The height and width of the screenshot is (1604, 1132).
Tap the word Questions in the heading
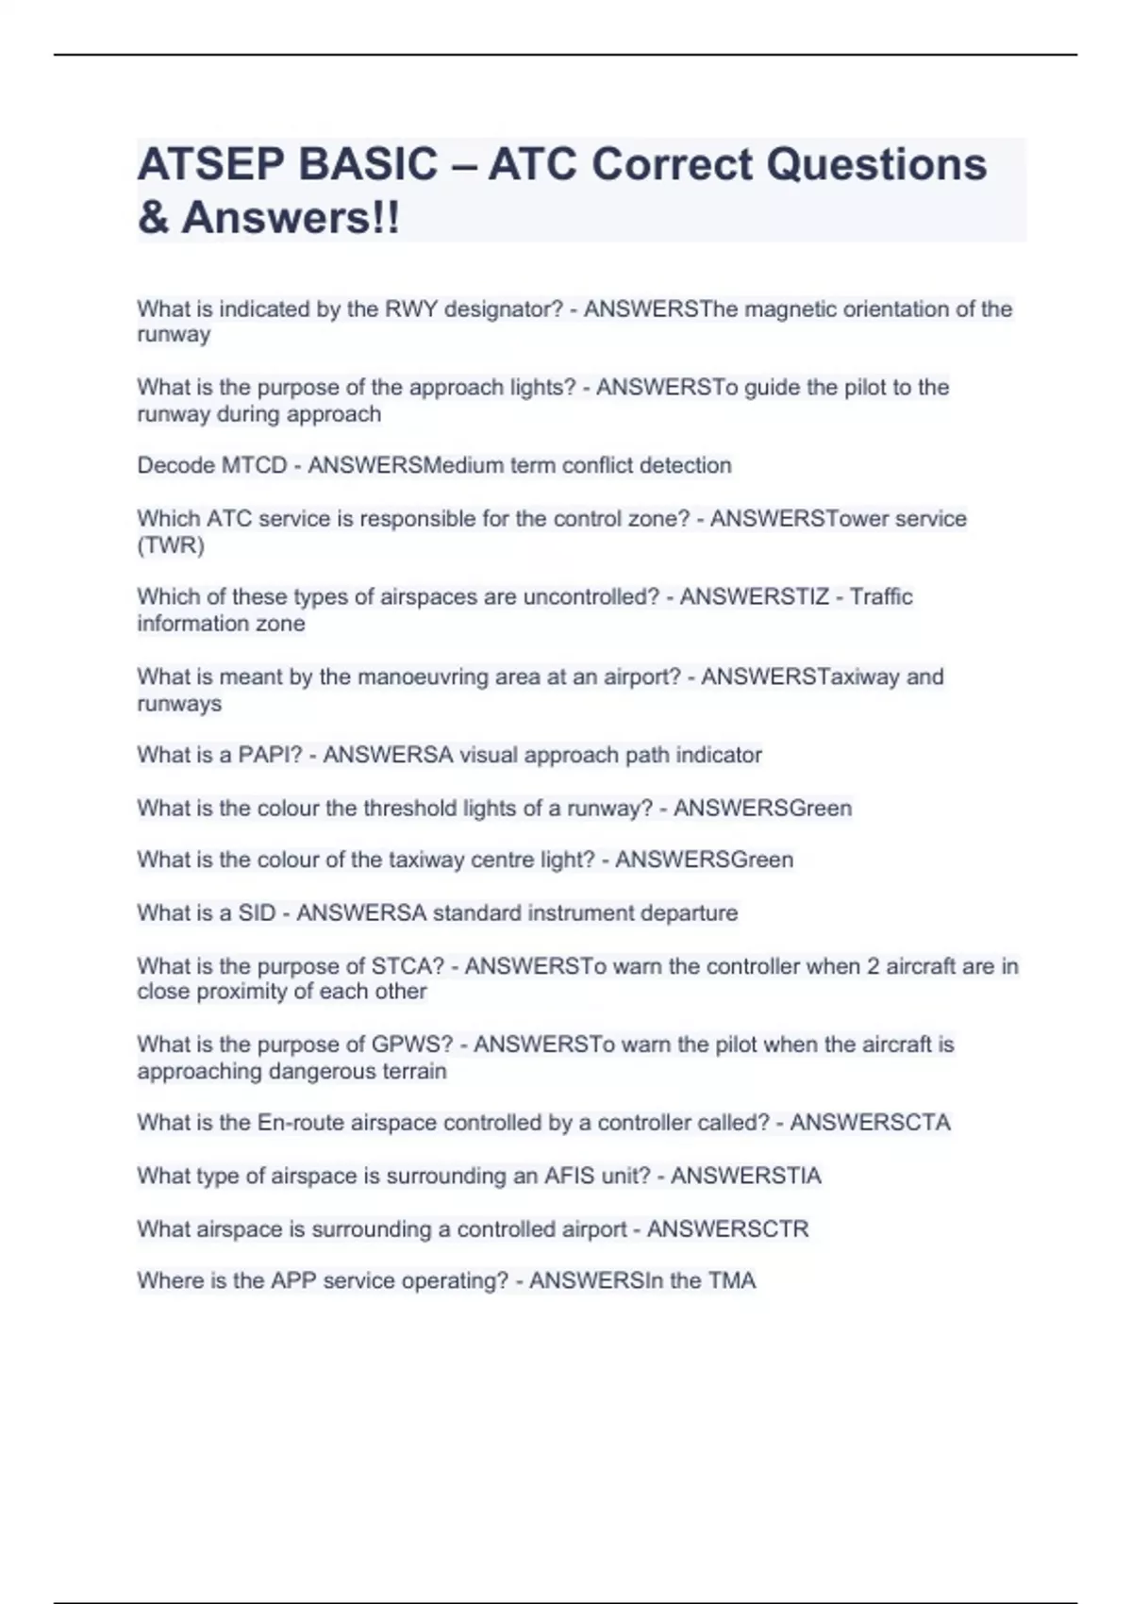tap(876, 164)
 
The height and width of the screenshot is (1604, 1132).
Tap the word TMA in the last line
tap(732, 1280)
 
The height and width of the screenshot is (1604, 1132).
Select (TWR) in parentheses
tap(171, 545)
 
